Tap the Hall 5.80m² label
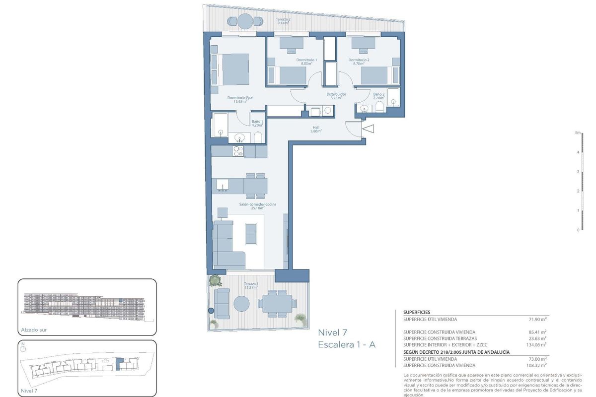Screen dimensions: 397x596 pyautogui.click(x=316, y=129)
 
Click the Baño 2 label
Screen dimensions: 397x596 pyautogui.click(x=379, y=96)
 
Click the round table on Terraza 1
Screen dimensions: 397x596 pyautogui.click(x=242, y=304)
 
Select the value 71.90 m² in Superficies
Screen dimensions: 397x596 pyautogui.click(x=538, y=320)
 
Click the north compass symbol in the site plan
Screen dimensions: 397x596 pyautogui.click(x=23, y=348)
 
